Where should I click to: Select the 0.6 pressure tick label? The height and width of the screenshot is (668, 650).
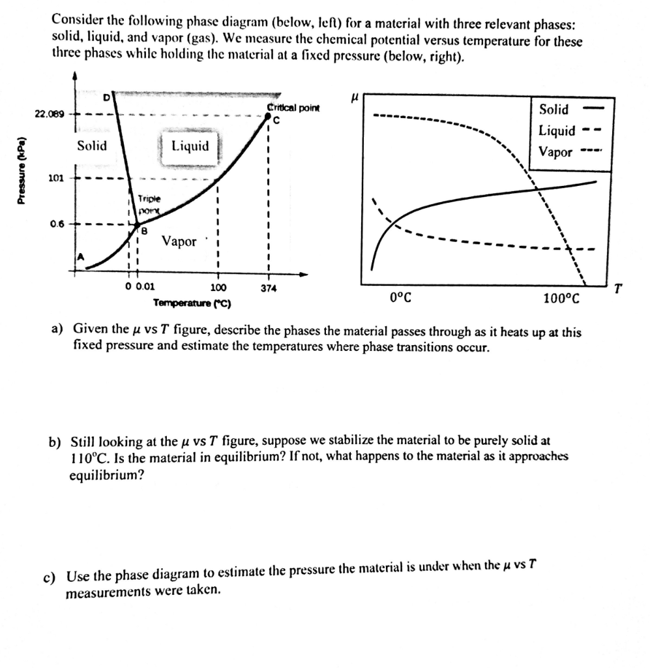pyautogui.click(x=56, y=224)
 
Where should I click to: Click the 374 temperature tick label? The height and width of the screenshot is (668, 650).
pyautogui.click(x=269, y=288)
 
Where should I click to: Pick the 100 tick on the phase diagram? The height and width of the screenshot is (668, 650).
pyautogui.click(x=218, y=288)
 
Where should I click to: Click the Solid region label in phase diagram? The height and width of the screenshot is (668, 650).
pyautogui.click(x=92, y=145)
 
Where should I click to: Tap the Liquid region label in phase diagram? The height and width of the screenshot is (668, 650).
pyautogui.click(x=190, y=145)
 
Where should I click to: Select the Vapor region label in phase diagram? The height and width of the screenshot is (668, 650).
pyautogui.click(x=179, y=241)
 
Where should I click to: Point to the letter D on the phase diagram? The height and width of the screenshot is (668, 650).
pyautogui.click(x=107, y=98)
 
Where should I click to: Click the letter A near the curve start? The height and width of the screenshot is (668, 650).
pyautogui.click(x=81, y=258)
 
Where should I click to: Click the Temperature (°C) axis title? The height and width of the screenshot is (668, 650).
pyautogui.click(x=196, y=303)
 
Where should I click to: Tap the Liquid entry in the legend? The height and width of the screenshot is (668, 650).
pyautogui.click(x=556, y=130)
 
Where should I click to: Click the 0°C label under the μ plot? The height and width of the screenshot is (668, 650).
pyautogui.click(x=400, y=298)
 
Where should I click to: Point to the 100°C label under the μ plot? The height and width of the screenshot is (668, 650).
pyautogui.click(x=560, y=299)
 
